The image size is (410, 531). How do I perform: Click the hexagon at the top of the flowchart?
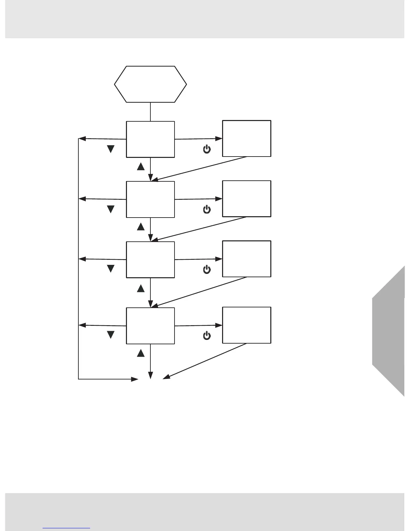150,84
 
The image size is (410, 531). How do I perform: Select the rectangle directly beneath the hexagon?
150,139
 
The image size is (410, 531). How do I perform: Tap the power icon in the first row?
207,150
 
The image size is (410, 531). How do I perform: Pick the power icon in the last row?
207,336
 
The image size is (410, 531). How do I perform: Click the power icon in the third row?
207,270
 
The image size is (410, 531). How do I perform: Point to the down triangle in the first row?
111,149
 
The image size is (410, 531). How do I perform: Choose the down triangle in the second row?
111,209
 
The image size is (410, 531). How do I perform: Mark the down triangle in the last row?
111,335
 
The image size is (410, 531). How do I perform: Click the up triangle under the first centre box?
141,166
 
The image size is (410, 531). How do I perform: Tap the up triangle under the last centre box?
141,353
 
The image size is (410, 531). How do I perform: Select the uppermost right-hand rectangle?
247,138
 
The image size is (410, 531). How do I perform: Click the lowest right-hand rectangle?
247,325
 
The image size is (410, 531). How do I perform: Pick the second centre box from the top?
150,199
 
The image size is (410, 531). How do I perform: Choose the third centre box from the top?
150,259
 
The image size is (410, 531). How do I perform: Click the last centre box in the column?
150,326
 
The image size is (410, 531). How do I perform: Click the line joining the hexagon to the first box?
150,112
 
